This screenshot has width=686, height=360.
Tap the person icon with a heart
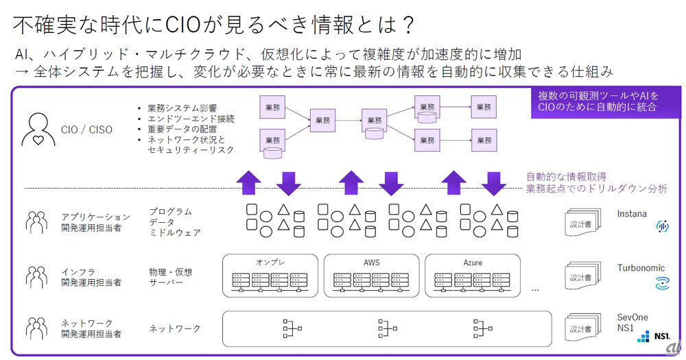39,129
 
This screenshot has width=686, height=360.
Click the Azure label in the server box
473,262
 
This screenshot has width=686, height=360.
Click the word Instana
631,214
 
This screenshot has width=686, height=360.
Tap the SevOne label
632,317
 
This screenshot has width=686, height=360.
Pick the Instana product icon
663,226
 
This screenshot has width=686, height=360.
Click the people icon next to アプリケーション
36,221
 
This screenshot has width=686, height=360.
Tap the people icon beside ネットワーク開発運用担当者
36,328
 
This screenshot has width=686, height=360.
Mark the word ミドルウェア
175,232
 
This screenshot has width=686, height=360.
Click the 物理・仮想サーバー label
171,277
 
